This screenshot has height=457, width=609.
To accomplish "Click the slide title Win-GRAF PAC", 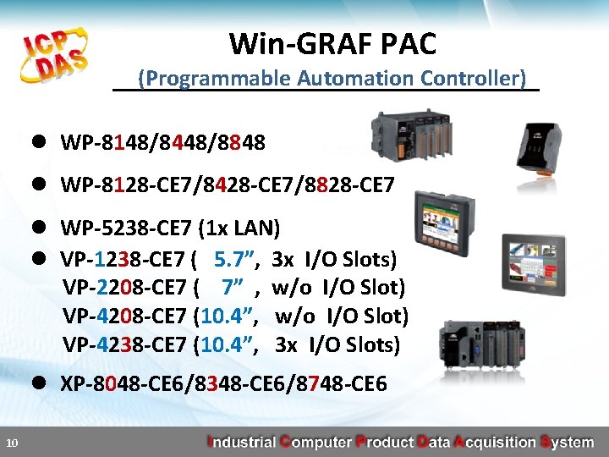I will [x=332, y=42].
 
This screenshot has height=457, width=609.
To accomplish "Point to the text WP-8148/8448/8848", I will [x=163, y=143].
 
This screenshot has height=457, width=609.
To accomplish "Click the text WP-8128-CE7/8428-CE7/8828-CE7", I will [x=228, y=184].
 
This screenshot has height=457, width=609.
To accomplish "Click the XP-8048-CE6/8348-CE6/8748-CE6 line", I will [x=223, y=384].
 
